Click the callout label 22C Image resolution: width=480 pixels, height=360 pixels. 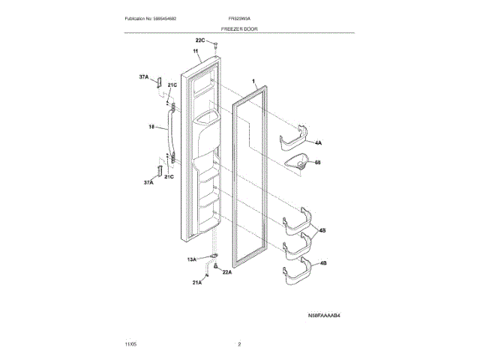coord(199,39)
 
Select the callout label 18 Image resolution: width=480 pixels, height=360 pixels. coord(152,127)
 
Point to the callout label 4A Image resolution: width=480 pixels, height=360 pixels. coord(318,142)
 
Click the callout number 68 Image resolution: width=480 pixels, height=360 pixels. coord(318,162)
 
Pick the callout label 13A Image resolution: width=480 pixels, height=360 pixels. coord(192,259)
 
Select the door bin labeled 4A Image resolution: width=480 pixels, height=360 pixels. coord(295,139)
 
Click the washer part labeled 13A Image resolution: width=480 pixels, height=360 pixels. coord(214,256)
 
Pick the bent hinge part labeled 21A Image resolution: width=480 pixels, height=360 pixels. coord(212,277)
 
